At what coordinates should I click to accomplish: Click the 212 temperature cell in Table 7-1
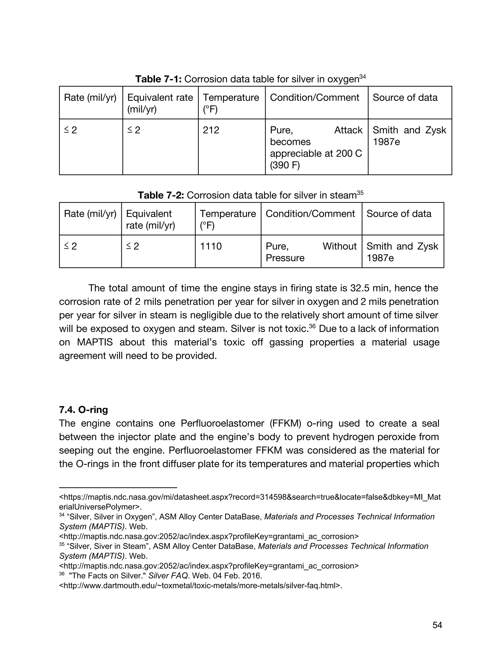click(211, 130)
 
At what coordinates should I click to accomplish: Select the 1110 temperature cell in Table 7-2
click(211, 246)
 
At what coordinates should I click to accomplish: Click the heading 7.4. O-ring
click(83, 410)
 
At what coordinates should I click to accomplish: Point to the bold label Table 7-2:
click(161, 195)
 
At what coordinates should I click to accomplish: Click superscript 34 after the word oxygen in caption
click(362, 77)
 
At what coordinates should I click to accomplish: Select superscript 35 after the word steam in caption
click(360, 193)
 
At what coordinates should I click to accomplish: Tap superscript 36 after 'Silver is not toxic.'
click(312, 326)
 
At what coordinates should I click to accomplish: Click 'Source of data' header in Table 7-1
click(405, 97)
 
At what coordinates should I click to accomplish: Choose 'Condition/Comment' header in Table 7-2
click(310, 214)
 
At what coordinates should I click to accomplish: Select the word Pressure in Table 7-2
click(285, 258)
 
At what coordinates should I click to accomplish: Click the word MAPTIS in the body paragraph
click(95, 342)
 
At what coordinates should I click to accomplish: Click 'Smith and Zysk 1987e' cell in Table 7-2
click(402, 252)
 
